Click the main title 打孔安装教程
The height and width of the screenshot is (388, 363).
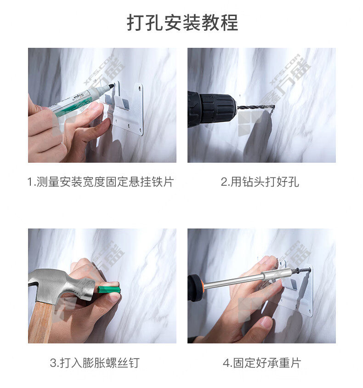[182, 23]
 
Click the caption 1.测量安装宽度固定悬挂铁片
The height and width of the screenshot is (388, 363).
[100, 182]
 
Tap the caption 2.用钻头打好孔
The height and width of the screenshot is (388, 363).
[260, 182]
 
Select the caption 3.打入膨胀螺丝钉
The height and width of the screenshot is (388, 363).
[95, 363]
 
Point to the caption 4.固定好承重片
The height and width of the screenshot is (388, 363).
[262, 363]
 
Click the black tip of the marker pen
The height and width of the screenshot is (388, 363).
[112, 86]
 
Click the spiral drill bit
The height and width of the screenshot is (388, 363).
[256, 107]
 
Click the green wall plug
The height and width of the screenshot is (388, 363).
[109, 290]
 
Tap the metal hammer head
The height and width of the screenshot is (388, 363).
[61, 285]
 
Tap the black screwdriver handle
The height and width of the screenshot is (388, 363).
[195, 288]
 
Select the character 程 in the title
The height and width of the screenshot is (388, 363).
[229, 23]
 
